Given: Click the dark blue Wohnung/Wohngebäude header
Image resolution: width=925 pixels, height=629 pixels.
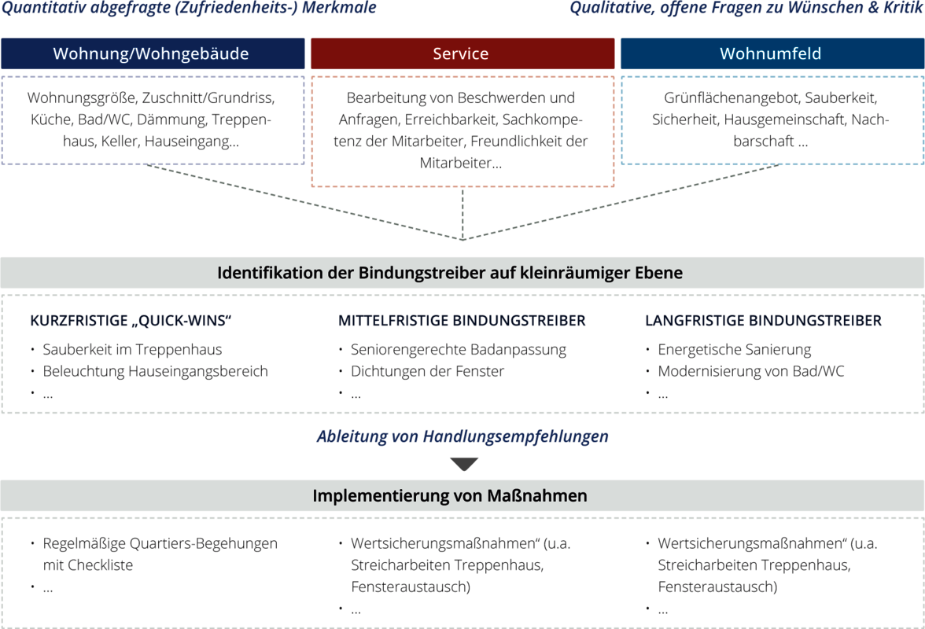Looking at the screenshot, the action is pyautogui.click(x=153, y=53).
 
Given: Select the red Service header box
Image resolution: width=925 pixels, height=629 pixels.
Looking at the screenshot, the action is pyautogui.click(x=462, y=53).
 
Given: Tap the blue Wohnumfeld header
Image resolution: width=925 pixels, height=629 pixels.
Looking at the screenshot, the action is pyautogui.click(x=772, y=53).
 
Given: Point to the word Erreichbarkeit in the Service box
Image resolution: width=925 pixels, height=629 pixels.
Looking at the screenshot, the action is pyautogui.click(x=451, y=120).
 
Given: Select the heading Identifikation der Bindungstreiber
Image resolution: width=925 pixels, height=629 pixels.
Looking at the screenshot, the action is pyautogui.click(x=450, y=273).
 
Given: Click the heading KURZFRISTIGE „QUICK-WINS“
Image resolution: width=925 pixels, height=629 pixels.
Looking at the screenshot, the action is pyautogui.click(x=131, y=321).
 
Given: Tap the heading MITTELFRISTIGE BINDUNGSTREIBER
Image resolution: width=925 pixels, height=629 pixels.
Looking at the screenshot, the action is pyautogui.click(x=461, y=321).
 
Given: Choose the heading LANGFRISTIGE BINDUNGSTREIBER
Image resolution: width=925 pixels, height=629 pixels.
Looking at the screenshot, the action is pyautogui.click(x=763, y=321).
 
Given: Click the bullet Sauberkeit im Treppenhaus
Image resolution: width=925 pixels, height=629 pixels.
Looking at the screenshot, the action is pyautogui.click(x=132, y=350).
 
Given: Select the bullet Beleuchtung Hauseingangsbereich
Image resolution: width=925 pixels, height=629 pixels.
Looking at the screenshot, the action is pyautogui.click(x=155, y=371).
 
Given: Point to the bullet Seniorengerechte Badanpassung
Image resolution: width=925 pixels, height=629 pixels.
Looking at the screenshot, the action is pyautogui.click(x=459, y=350).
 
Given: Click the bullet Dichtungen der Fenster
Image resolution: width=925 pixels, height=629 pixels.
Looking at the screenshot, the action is pyautogui.click(x=427, y=371).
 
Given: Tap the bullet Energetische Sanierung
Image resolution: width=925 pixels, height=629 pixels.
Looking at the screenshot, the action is pyautogui.click(x=735, y=350).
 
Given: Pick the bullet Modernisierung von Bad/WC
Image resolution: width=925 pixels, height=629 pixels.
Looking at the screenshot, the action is pyautogui.click(x=751, y=371).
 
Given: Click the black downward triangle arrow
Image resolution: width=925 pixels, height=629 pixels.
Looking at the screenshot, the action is pyautogui.click(x=464, y=464).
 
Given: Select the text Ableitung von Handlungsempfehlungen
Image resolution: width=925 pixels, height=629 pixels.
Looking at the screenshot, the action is pyautogui.click(x=462, y=436).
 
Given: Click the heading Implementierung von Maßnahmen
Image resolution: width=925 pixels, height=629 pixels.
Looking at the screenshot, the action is pyautogui.click(x=450, y=496).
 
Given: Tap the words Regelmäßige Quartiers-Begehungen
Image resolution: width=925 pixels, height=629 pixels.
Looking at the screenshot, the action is pyautogui.click(x=160, y=543).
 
